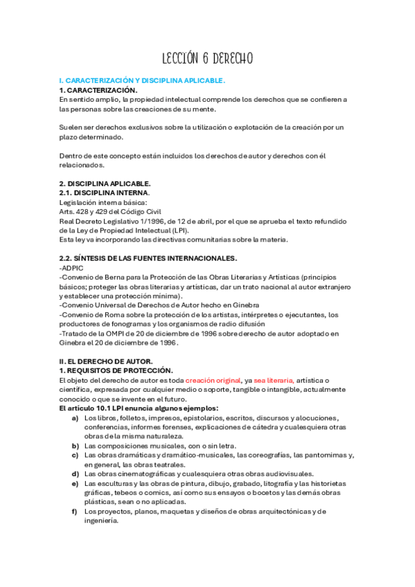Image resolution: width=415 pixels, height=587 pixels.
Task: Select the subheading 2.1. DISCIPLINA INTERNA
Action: (104, 192)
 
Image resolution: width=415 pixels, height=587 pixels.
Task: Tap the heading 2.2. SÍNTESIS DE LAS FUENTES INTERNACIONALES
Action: (148, 258)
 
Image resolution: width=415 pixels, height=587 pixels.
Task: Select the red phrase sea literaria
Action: (274, 380)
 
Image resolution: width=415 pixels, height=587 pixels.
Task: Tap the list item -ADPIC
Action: (71, 267)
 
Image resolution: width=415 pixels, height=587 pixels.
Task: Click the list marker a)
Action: (75, 418)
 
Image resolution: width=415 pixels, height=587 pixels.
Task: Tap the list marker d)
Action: (75, 473)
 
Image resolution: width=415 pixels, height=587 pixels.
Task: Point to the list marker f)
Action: (75, 511)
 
